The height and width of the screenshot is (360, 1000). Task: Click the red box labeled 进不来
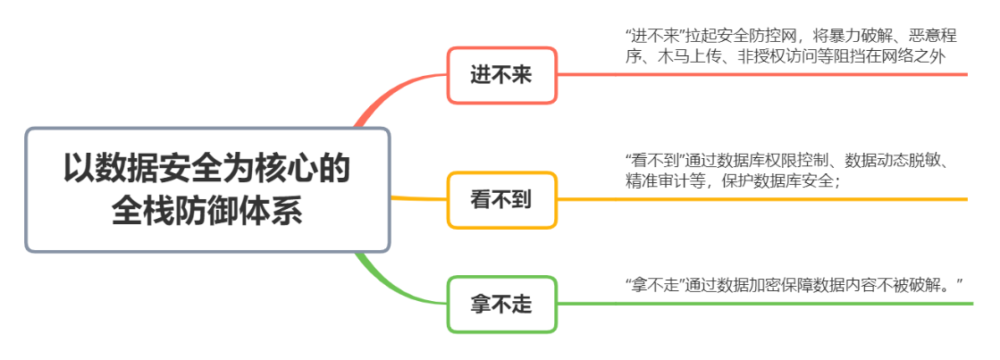pos(501,75)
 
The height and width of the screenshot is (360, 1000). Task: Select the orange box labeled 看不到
pos(501,199)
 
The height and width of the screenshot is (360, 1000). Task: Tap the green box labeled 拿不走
pos(501,305)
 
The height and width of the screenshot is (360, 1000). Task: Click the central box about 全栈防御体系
pos(207,189)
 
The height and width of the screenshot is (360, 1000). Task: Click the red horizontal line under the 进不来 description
pos(760,75)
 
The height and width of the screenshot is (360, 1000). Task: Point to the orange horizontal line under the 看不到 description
pos(760,199)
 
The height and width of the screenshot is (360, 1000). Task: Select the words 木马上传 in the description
pos(677,55)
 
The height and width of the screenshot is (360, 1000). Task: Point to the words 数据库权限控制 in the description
pos(774,161)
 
